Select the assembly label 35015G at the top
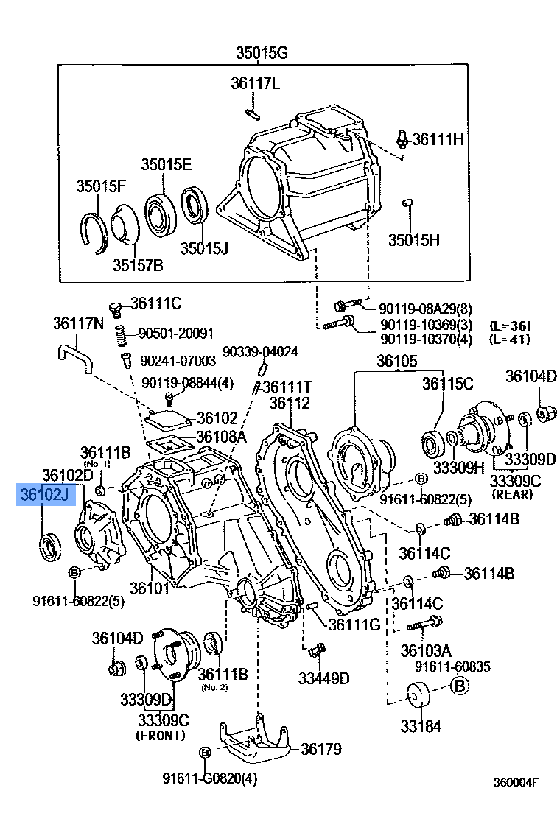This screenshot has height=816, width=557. point(262,52)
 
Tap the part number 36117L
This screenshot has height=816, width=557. point(255,83)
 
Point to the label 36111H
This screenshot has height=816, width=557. point(438,138)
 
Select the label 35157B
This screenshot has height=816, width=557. point(138,264)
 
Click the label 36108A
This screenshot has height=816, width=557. point(221,437)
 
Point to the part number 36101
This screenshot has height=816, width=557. point(150,588)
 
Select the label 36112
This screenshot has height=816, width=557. point(290,404)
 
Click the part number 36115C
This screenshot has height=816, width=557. point(447,383)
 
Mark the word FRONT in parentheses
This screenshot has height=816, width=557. point(161,735)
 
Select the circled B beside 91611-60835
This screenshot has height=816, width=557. point(460,687)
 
